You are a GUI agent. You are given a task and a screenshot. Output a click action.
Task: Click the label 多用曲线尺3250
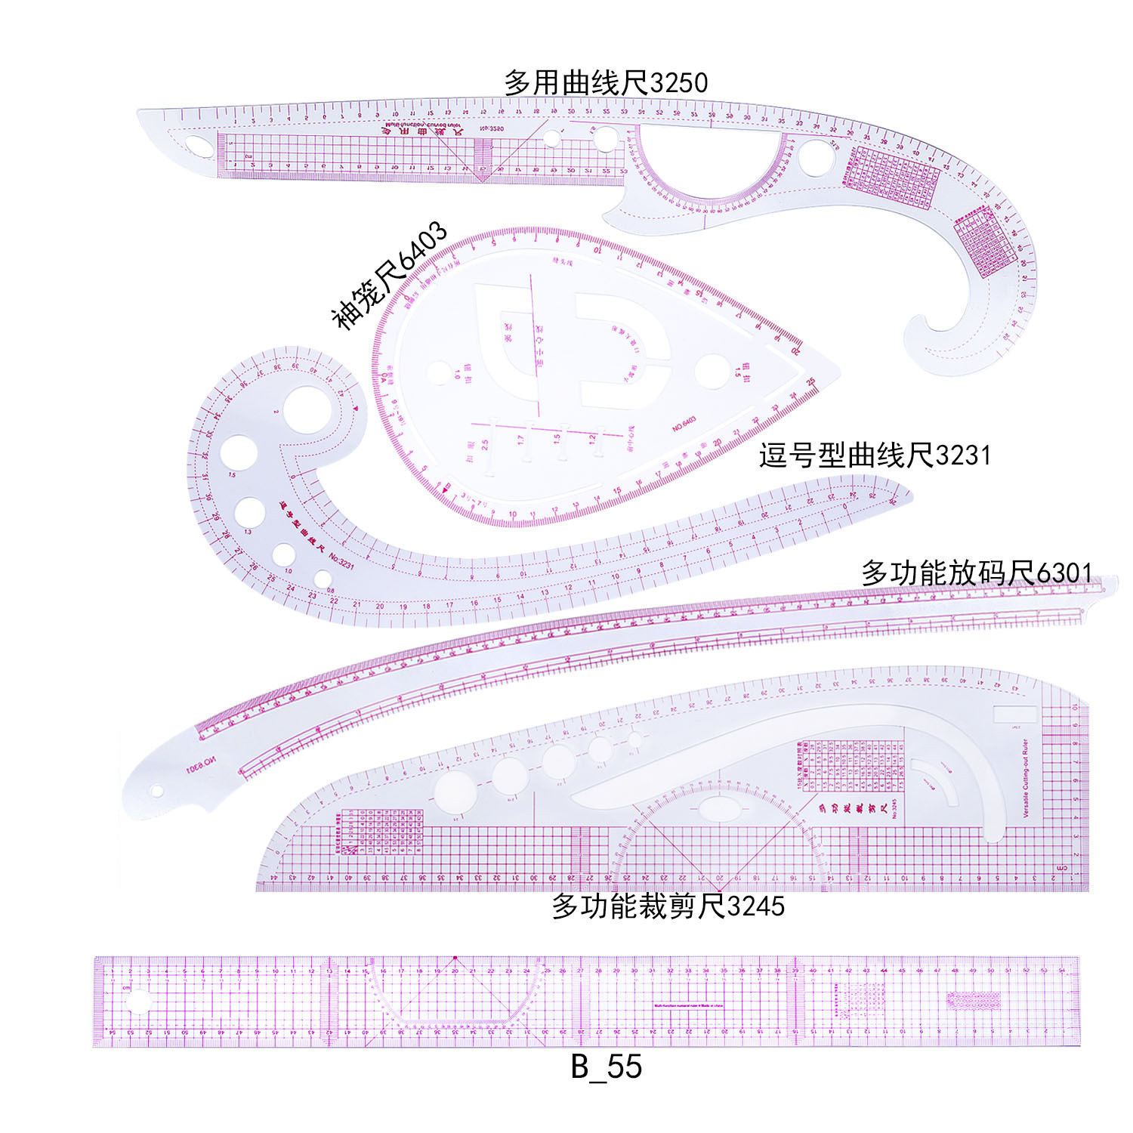click(606, 82)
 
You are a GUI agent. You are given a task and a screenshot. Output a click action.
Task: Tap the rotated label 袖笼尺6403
click(390, 276)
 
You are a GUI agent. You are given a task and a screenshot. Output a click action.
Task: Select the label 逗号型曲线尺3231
click(874, 455)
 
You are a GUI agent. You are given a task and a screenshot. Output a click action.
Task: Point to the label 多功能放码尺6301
click(976, 573)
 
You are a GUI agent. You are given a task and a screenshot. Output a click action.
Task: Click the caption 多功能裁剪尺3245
click(668, 905)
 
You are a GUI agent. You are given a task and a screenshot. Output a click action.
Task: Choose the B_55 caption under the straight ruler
click(606, 1067)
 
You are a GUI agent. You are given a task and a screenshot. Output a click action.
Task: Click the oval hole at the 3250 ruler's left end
click(199, 145)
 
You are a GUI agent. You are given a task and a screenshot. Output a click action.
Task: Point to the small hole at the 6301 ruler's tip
click(156, 791)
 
